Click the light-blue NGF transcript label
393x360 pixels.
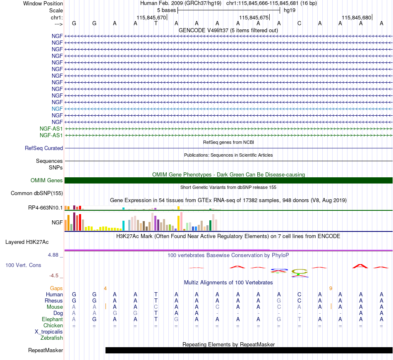(x=57, y=109)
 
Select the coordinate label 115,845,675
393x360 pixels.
(x=254, y=17)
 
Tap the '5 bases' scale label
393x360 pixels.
(x=166, y=10)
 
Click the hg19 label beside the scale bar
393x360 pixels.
(x=290, y=10)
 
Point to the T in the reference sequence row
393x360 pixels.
(x=156, y=24)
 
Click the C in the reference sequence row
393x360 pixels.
(x=299, y=24)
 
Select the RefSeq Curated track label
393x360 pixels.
(x=44, y=148)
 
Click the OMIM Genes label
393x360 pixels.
(x=47, y=181)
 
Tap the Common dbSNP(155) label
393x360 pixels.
(x=37, y=193)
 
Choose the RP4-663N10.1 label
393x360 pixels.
(x=46, y=208)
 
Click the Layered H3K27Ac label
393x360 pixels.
(x=27, y=242)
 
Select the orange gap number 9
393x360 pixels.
(x=331, y=288)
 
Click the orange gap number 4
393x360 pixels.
(x=105, y=288)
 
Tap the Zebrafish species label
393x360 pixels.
(x=52, y=338)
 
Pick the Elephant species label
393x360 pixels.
(x=53, y=319)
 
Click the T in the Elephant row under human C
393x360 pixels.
(x=299, y=319)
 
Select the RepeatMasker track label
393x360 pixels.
(x=46, y=350)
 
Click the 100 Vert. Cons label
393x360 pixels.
(x=23, y=265)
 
